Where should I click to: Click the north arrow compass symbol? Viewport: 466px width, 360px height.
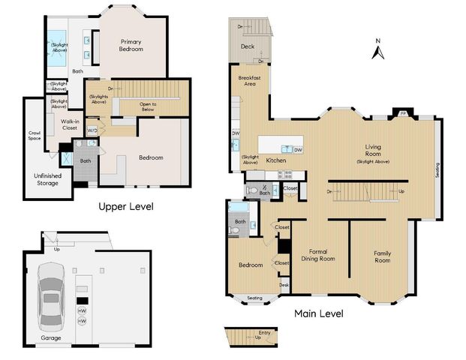tap(379, 50)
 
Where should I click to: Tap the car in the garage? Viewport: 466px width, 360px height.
tap(51, 298)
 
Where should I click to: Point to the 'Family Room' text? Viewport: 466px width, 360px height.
tap(383, 256)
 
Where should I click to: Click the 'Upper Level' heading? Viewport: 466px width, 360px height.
tap(125, 205)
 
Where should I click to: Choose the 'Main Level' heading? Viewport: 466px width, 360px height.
tap(319, 313)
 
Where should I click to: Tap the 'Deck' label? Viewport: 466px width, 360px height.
tap(248, 46)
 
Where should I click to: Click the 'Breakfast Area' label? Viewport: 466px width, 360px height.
tap(248, 81)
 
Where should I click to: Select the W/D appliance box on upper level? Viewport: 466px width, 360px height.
tap(92, 130)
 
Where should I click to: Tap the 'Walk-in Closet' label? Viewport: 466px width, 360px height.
tap(70, 124)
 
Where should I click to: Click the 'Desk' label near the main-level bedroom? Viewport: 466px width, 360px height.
tap(284, 284)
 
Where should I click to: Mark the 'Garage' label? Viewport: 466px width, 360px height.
tap(51, 337)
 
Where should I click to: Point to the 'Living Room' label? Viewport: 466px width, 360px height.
tap(373, 150)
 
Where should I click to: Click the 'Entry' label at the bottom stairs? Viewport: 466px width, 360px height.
tap(264, 334)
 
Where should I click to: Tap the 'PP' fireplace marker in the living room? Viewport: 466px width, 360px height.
tap(403, 113)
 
